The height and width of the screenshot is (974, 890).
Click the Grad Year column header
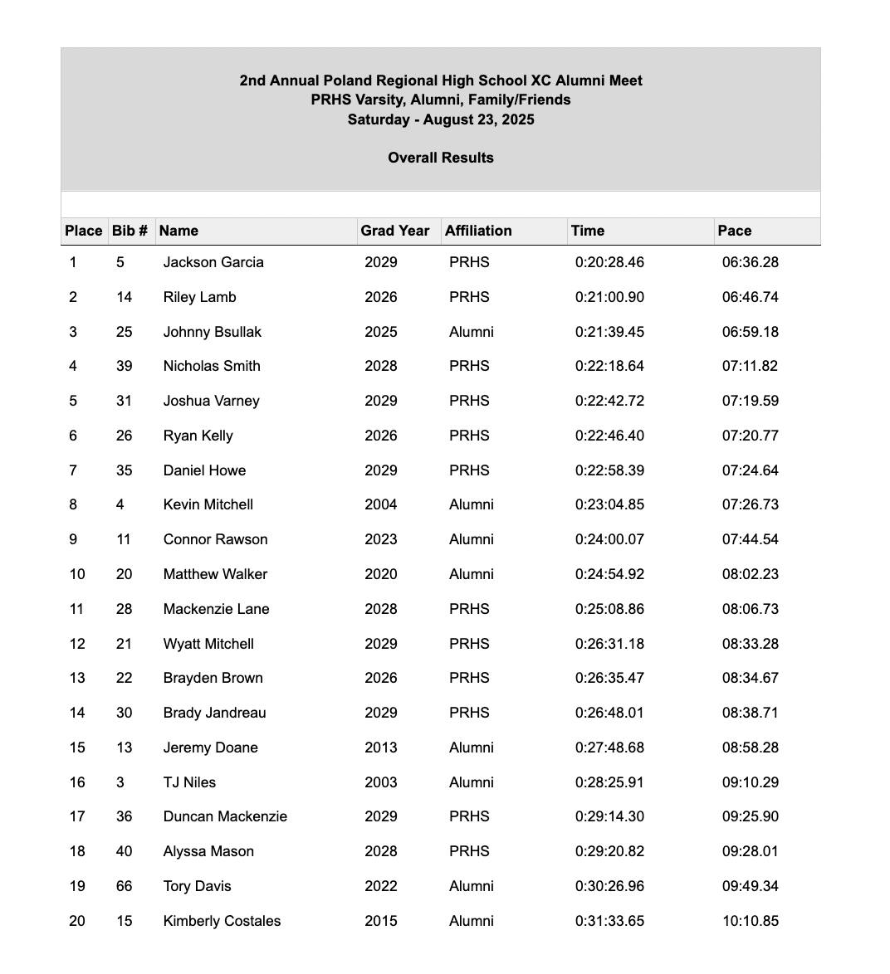pos(395,231)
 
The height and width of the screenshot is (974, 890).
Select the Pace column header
pos(735,231)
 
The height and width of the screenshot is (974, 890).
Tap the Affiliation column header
pos(478,231)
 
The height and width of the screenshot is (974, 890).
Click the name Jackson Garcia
pos(213,262)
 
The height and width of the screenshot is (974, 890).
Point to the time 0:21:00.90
pos(609,297)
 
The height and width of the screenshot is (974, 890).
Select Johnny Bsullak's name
pos(212,332)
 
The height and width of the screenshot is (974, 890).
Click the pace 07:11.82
pos(750,366)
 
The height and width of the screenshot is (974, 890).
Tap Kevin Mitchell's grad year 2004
pos(380,504)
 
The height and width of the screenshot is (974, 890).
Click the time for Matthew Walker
pos(609,574)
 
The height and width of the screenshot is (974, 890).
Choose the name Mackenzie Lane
pos(216,609)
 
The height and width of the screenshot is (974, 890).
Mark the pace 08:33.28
pos(750,644)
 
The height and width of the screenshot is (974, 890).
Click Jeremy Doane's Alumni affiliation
pos(471,748)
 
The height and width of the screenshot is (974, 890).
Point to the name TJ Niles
pos(189,782)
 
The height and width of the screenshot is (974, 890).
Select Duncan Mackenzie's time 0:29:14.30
pos(609,816)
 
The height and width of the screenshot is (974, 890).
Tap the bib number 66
pos(124,886)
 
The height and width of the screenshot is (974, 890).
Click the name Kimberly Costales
pos(222,921)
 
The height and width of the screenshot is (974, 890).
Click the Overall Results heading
pos(440,158)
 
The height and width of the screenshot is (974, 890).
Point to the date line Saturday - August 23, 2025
pos(440,119)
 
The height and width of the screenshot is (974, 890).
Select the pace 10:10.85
pos(750,921)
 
